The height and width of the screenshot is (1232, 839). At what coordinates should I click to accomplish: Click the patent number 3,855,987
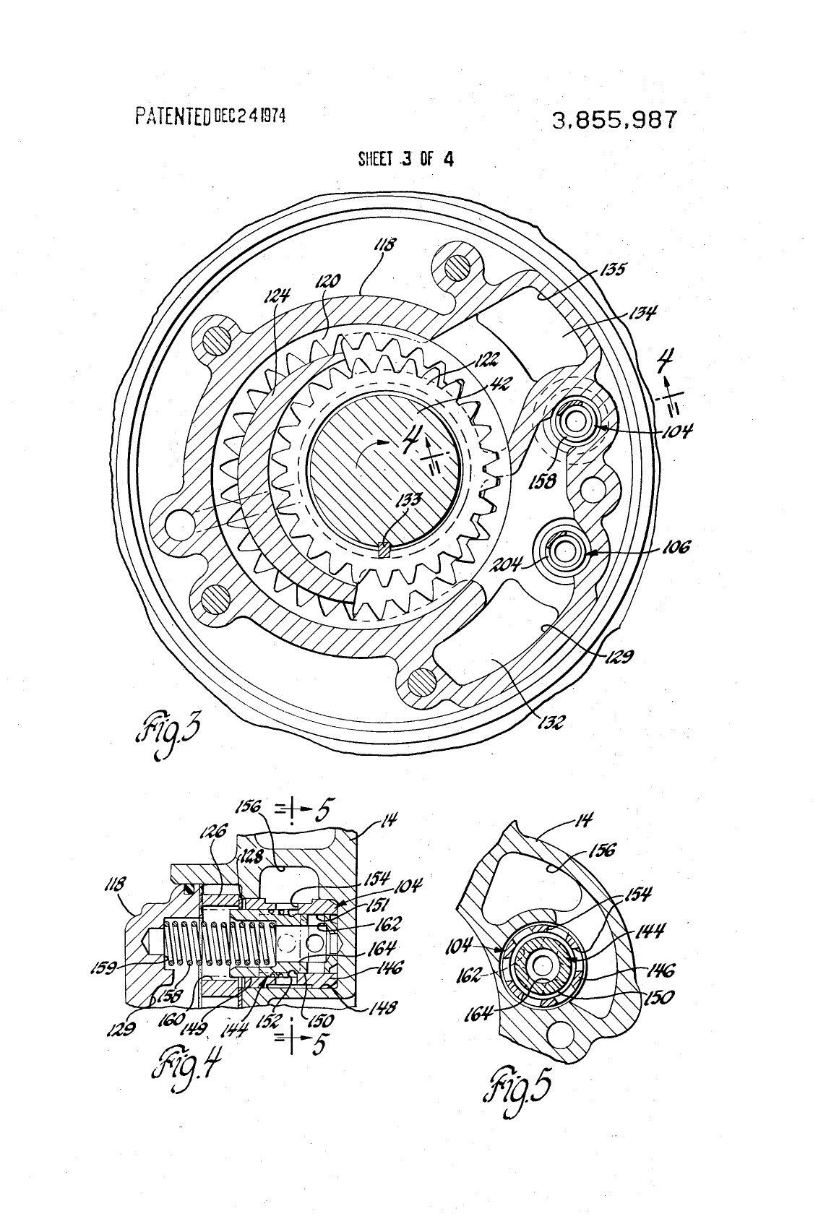tap(615, 120)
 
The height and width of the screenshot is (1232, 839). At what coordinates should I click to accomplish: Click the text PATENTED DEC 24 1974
tap(210, 115)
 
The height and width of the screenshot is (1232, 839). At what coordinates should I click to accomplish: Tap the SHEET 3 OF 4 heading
tap(405, 159)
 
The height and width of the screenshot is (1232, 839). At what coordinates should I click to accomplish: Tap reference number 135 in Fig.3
tap(613, 270)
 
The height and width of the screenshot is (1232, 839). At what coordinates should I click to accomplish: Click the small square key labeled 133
tap(384, 551)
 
